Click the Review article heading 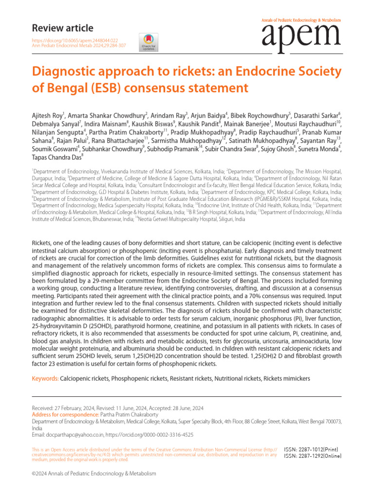pyautogui.click(x=62, y=28)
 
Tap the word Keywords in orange pyautogui.click(x=45, y=378)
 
